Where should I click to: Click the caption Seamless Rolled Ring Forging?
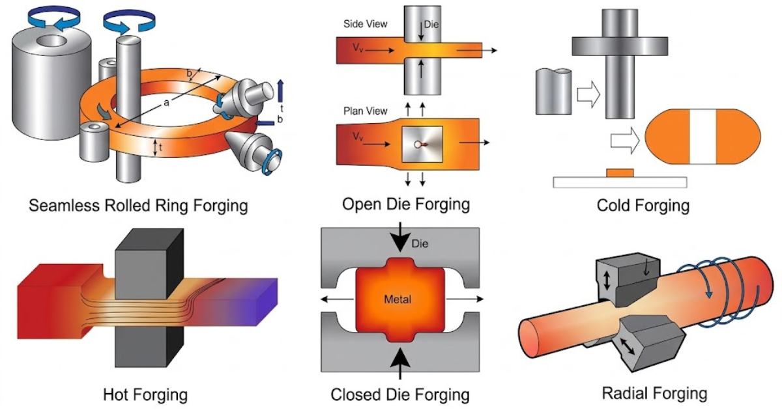coord(139,206)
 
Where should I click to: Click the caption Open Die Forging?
coord(406,204)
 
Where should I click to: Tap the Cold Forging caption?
coord(643,206)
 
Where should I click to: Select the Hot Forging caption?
coord(145,394)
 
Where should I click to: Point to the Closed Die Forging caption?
coord(400,394)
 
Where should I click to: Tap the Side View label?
coord(365,24)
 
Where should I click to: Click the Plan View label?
coord(365,111)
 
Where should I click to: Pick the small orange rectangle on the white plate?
coord(620,172)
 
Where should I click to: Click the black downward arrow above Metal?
coord(399,239)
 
